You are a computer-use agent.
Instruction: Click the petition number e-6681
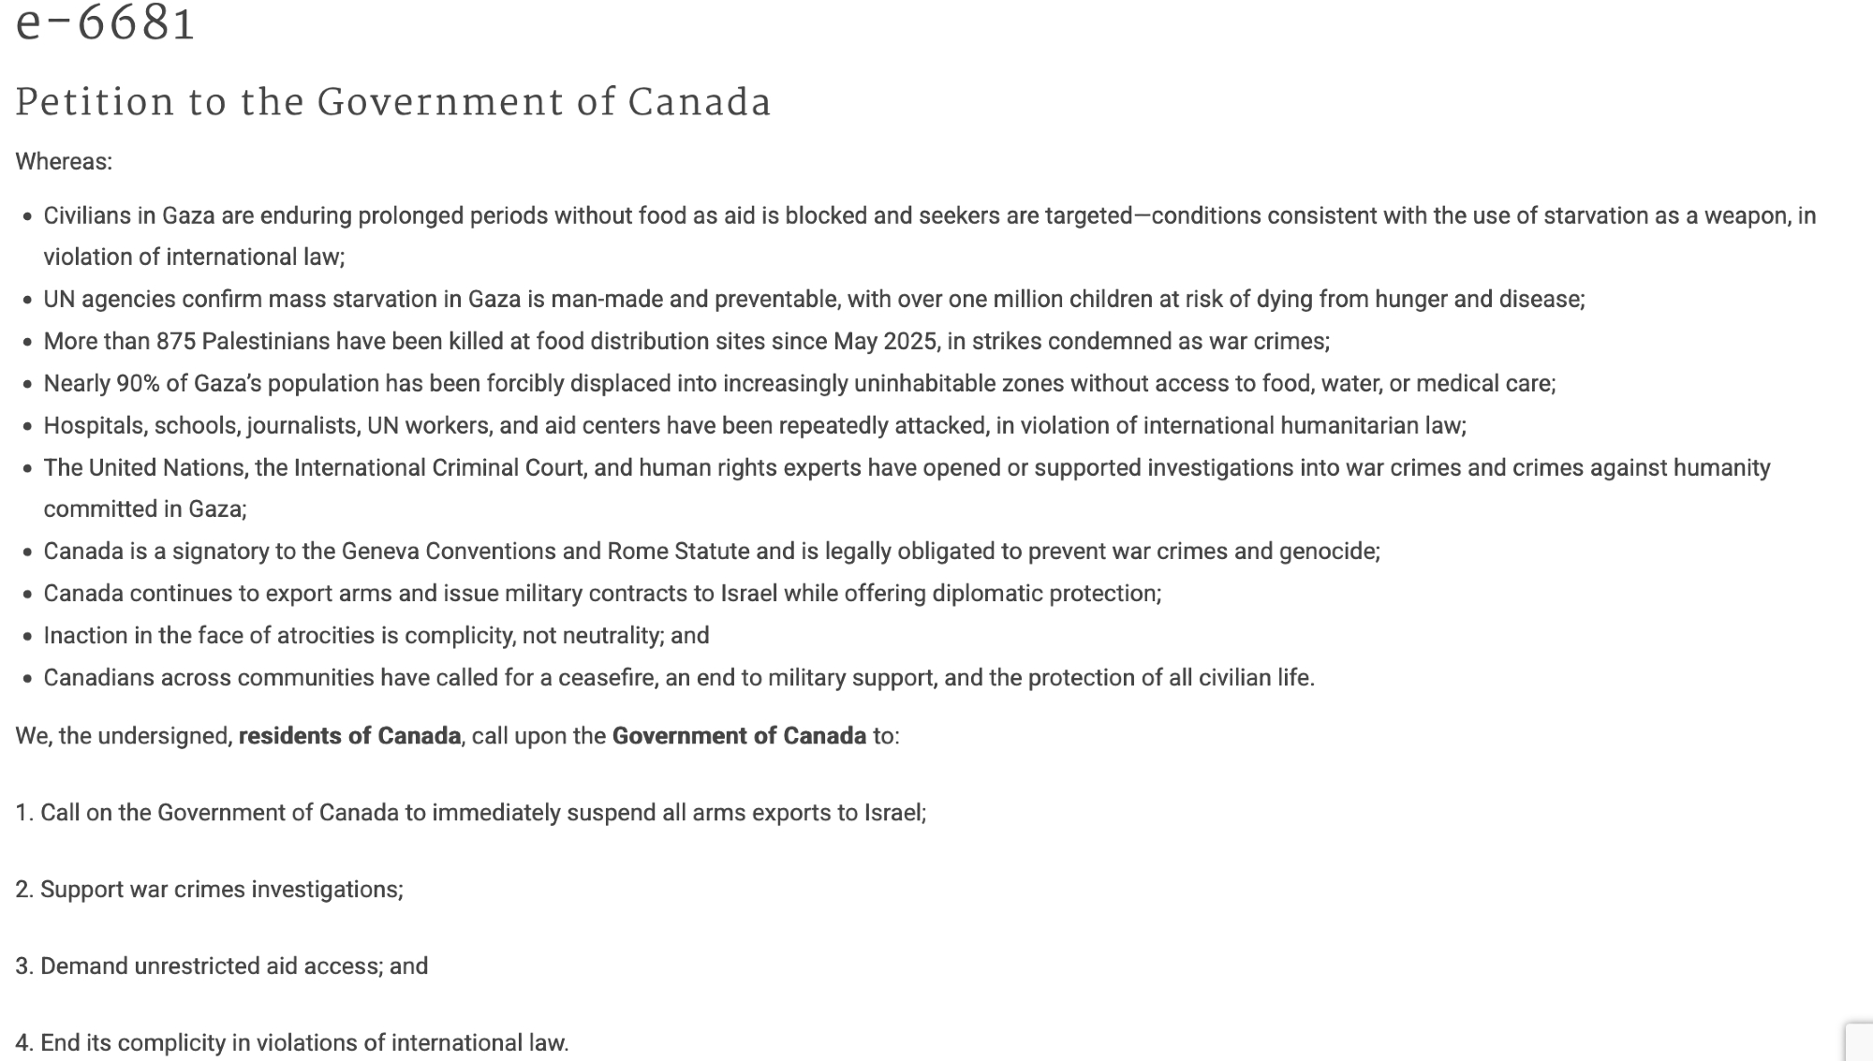click(105, 23)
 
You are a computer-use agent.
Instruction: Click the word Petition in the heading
click(95, 103)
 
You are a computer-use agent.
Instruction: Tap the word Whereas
click(62, 162)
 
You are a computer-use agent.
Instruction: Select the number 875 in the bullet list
click(176, 341)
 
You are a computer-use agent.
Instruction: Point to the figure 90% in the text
click(138, 383)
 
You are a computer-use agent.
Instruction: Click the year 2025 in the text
click(910, 341)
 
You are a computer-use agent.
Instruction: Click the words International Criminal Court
click(438, 467)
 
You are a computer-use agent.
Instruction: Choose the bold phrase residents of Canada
click(349, 736)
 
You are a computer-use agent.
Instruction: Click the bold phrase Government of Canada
click(739, 736)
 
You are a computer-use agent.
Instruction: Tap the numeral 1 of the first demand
click(22, 813)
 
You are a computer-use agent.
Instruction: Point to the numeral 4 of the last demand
click(22, 1043)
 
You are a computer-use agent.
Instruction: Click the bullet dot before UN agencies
click(28, 301)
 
